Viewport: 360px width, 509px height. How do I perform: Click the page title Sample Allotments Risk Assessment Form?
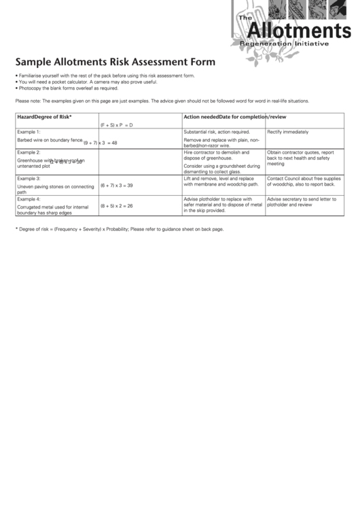(111, 61)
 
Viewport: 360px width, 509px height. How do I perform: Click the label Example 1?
(29, 131)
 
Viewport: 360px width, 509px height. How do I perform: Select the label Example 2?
(29, 153)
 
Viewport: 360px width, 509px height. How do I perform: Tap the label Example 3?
(29, 178)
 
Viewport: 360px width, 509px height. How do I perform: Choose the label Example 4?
(29, 199)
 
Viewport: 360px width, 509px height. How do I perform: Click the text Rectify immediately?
(287, 132)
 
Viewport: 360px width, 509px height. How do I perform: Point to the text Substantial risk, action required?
(217, 132)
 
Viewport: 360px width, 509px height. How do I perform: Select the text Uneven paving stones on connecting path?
(54, 189)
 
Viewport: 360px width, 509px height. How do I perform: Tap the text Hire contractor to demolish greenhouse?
(217, 156)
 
